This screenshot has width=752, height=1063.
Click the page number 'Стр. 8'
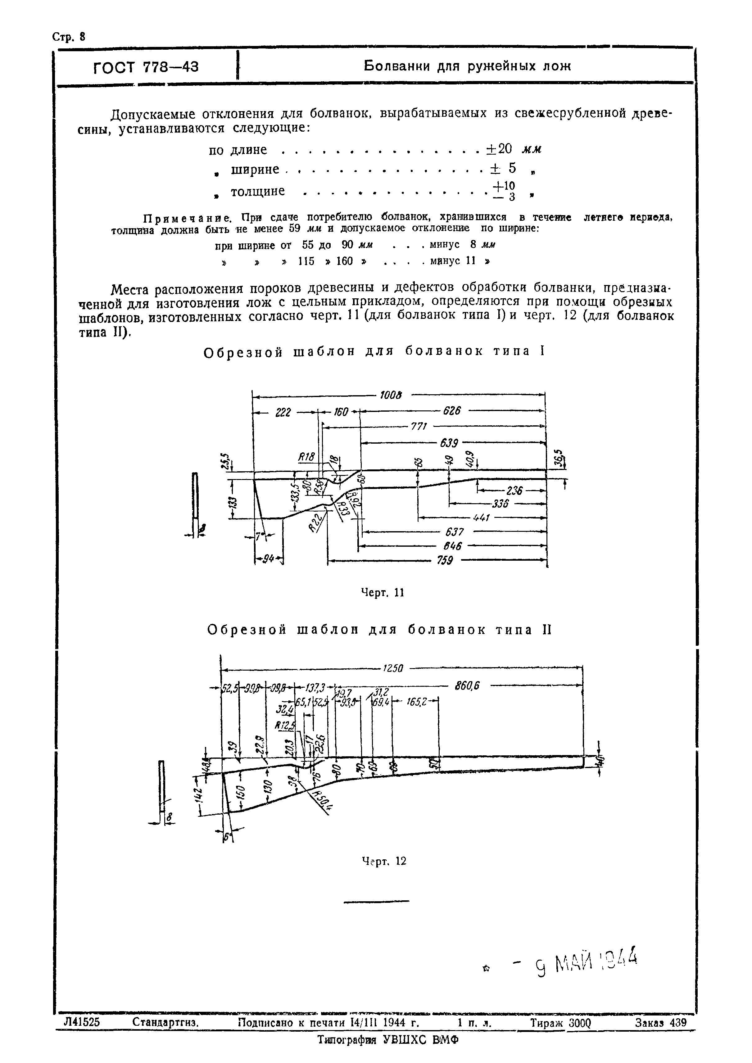click(x=69, y=37)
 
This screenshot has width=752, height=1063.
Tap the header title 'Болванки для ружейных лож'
click(x=467, y=66)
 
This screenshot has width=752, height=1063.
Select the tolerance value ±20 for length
click(x=499, y=149)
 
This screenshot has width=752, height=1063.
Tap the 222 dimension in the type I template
click(x=283, y=412)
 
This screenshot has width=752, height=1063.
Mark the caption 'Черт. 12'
click(x=383, y=861)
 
